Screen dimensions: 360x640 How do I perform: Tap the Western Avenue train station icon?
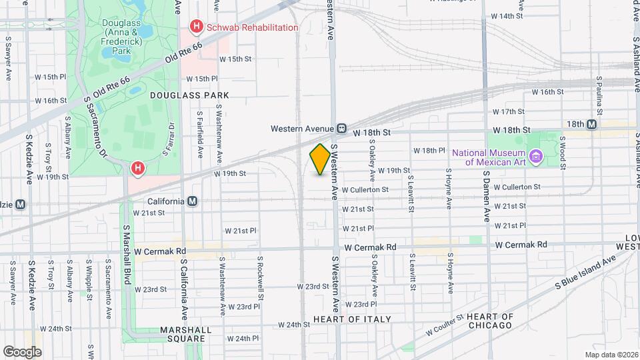(x=341, y=128)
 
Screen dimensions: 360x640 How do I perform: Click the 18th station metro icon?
(x=592, y=124)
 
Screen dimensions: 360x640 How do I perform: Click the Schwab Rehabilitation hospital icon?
(x=196, y=27)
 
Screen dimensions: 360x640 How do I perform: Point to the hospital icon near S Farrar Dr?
(x=138, y=168)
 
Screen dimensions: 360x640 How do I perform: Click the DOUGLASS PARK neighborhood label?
(x=185, y=95)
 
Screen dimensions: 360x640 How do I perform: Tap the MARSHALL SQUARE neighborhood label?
(x=187, y=334)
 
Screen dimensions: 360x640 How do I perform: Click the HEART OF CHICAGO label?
(x=489, y=321)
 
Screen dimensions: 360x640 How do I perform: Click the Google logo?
(x=23, y=351)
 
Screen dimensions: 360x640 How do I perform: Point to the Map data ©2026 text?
(x=611, y=355)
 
